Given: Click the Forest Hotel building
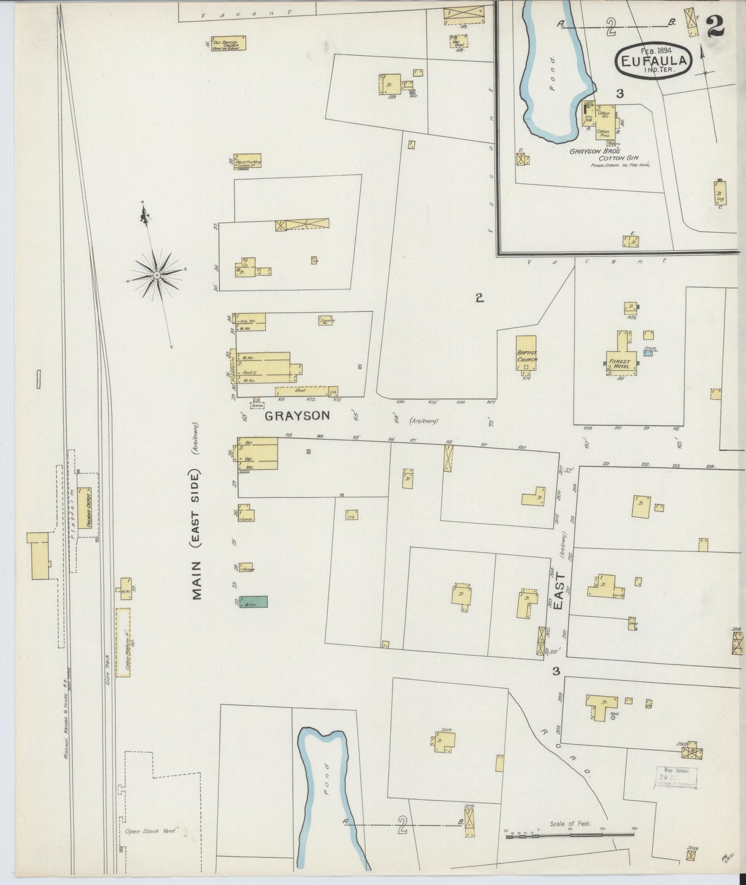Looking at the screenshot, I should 619,356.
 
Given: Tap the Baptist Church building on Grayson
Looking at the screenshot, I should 527,353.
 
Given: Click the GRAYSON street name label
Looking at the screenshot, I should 297,415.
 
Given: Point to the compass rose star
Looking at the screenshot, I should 156,277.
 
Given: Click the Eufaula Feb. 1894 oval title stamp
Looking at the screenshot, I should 654,60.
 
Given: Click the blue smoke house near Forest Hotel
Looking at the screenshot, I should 649,352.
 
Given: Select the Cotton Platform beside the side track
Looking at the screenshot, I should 123,642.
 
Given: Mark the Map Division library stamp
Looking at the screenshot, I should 676,777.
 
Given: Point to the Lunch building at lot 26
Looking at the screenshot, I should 246,514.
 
